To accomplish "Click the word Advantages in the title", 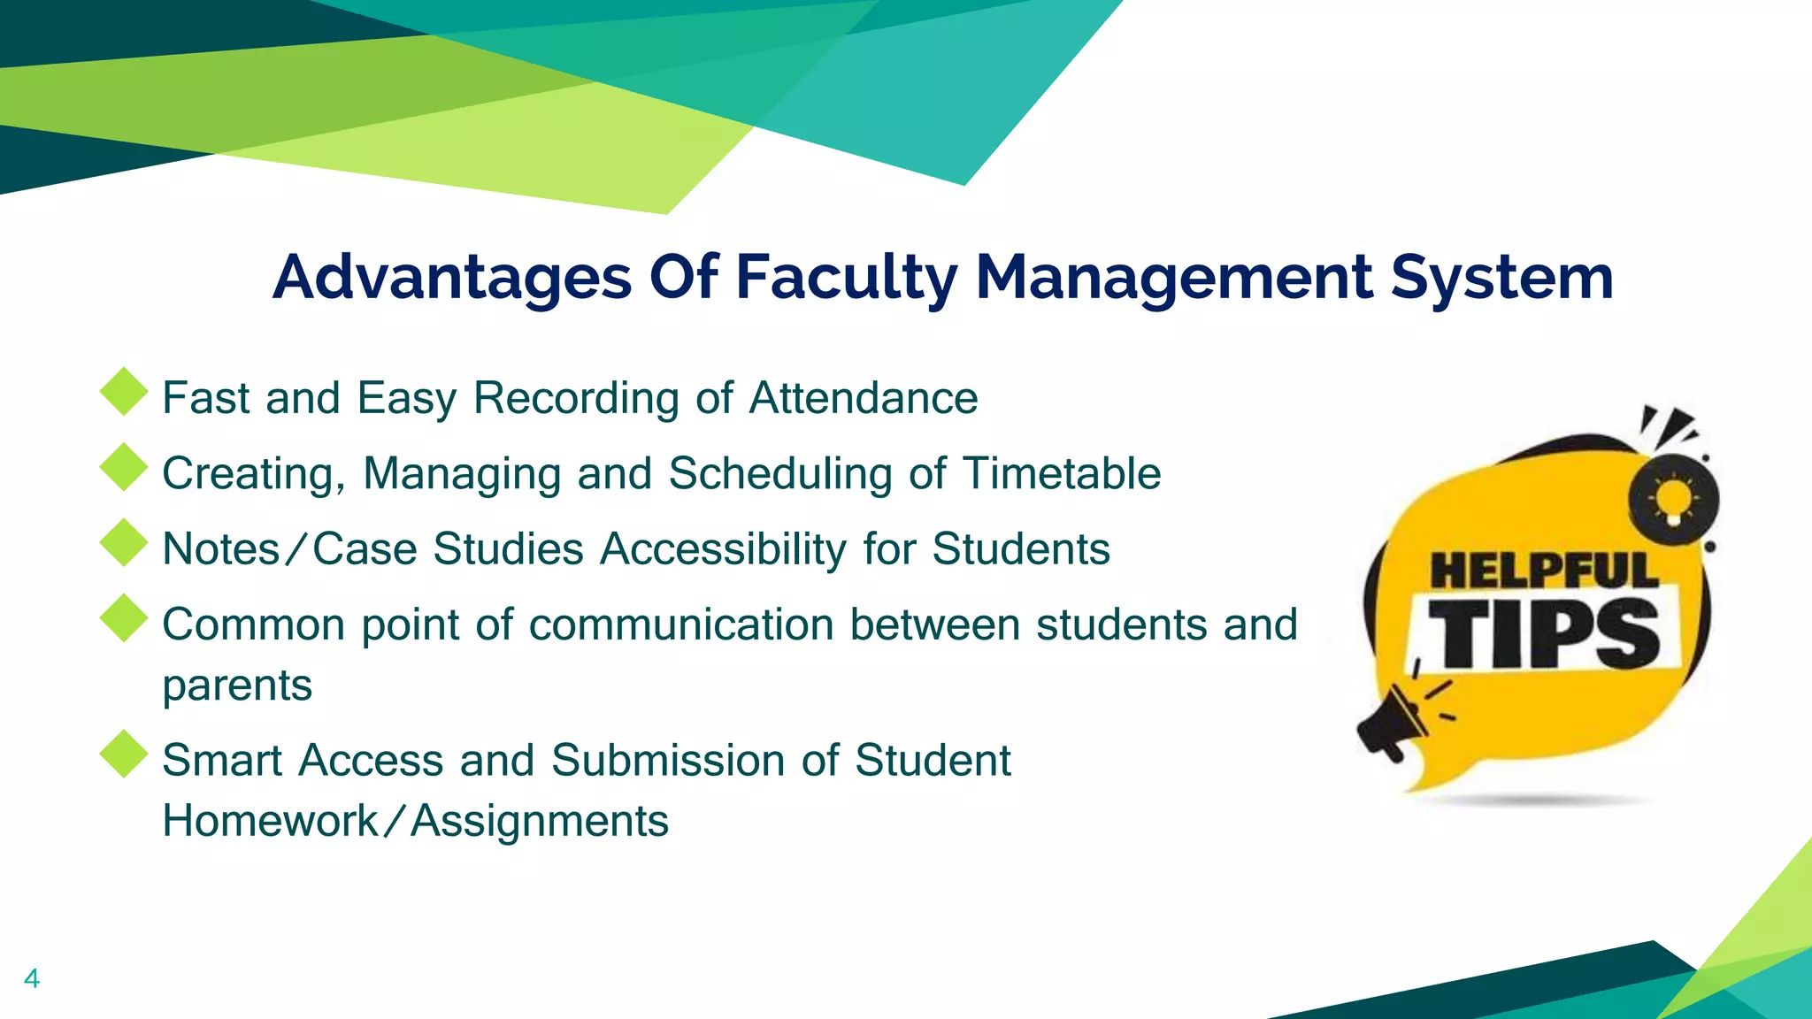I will [452, 278].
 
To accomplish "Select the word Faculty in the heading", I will [846, 278].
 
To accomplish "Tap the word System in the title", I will [1501, 278].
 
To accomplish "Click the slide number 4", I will [32, 978].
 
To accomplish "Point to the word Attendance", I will [864, 398].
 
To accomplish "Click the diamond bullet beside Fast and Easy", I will [124, 391].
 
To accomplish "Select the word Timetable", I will [1062, 473].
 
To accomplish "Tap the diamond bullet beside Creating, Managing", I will [124, 466].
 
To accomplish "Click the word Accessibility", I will [724, 548].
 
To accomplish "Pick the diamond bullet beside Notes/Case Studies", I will [124, 542].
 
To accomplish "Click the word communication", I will [681, 624].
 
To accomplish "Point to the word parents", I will [237, 685].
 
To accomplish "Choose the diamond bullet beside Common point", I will [124, 617].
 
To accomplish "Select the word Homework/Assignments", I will [416, 821].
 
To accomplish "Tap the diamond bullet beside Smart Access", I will [124, 754].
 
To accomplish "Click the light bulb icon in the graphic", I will [1673, 501].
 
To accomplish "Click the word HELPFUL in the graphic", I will [1544, 571].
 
